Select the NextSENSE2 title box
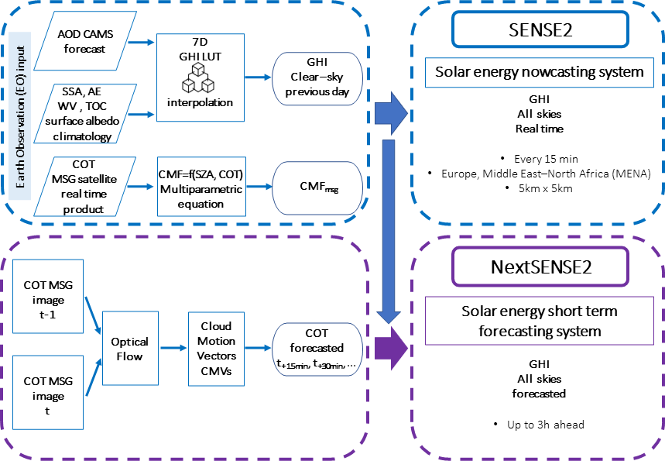pos(540,267)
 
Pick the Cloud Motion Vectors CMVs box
pos(210,348)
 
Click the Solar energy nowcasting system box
pos(540,73)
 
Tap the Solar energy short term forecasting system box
pos(540,321)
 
